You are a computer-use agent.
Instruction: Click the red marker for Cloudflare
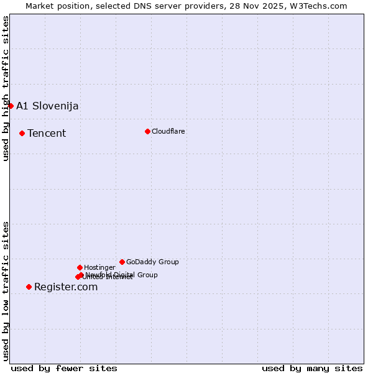(x=147, y=131)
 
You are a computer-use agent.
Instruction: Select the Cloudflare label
(x=168, y=131)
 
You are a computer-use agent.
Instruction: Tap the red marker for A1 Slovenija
(x=11, y=106)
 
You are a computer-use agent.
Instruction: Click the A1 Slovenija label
(x=47, y=106)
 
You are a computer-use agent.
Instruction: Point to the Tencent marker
(x=22, y=133)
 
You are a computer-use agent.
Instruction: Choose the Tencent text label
(x=47, y=133)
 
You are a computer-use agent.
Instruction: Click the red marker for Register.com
(x=29, y=287)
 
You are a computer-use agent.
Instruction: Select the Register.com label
(x=66, y=287)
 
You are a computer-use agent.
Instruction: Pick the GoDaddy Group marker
(x=122, y=262)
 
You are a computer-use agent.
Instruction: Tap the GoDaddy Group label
(x=152, y=262)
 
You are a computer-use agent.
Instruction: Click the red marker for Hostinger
(x=80, y=267)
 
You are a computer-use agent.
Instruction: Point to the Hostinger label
(x=99, y=267)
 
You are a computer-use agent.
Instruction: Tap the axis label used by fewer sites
(x=64, y=368)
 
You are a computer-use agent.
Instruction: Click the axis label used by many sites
(x=312, y=368)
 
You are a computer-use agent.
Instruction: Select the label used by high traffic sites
(x=6, y=88)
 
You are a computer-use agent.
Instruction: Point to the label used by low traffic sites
(x=6, y=290)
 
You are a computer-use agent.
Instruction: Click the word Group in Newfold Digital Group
(x=147, y=275)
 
